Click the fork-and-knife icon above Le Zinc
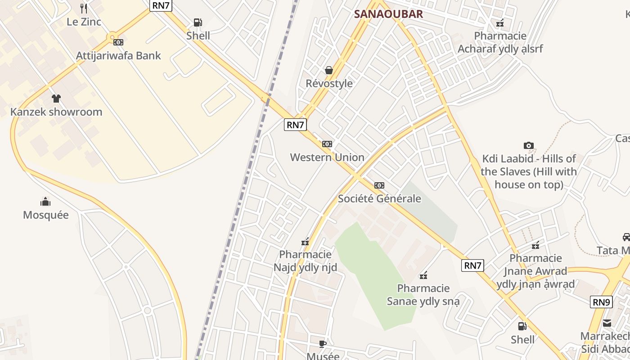[x=83, y=8]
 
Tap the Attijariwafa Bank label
[x=118, y=56]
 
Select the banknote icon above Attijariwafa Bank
[x=118, y=42]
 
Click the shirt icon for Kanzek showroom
[x=56, y=99]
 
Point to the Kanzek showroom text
[x=56, y=112]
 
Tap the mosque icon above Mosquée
[x=45, y=202]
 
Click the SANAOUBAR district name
[x=388, y=14]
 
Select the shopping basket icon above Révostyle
[x=329, y=70]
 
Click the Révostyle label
[x=329, y=84]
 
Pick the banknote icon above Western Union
[x=327, y=144]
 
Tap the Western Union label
[x=327, y=157]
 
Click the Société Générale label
[x=379, y=198]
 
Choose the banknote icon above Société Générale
[x=379, y=185]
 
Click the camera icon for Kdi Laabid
[x=529, y=145]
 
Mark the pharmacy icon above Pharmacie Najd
[x=305, y=242]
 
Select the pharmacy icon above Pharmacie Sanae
[x=423, y=275]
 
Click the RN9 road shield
[x=601, y=302]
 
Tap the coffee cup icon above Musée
[x=323, y=344]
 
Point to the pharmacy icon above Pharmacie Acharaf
[x=500, y=23]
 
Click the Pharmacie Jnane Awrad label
[x=535, y=271]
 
